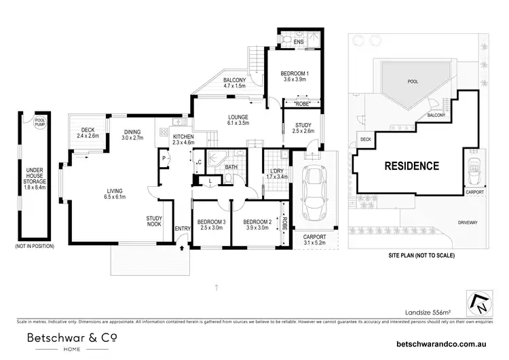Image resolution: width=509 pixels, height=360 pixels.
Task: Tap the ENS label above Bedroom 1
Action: (298, 42)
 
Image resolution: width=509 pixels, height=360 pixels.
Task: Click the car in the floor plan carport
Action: (314, 194)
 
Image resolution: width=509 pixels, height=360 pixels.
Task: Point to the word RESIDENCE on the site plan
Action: (412, 165)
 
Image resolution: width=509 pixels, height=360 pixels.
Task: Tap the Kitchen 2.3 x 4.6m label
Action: (183, 140)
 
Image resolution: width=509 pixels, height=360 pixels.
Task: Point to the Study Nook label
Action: (153, 221)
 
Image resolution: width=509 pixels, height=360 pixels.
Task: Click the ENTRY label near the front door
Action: (182, 229)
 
